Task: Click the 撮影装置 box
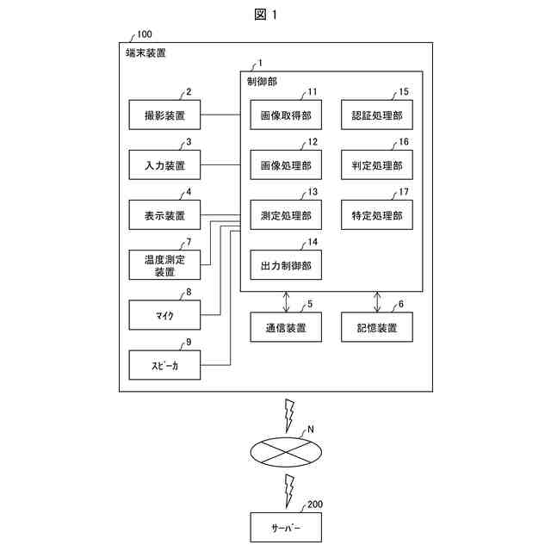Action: [164, 115]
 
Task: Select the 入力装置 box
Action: [164, 164]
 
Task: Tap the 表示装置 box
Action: [164, 215]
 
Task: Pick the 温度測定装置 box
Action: [164, 265]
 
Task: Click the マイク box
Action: [164, 315]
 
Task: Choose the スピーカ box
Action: [164, 365]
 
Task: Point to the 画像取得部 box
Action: [286, 115]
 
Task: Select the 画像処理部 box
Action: [286, 164]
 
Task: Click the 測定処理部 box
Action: [286, 215]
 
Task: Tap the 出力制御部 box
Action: [286, 265]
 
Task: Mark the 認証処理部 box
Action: [377, 115]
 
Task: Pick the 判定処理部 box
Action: [377, 164]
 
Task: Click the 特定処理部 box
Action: [377, 215]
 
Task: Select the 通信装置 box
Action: [286, 327]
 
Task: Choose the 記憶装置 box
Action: [377, 327]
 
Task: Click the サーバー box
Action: [286, 527]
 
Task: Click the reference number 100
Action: [145, 34]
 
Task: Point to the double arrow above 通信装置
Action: [286, 302]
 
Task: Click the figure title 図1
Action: [266, 15]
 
